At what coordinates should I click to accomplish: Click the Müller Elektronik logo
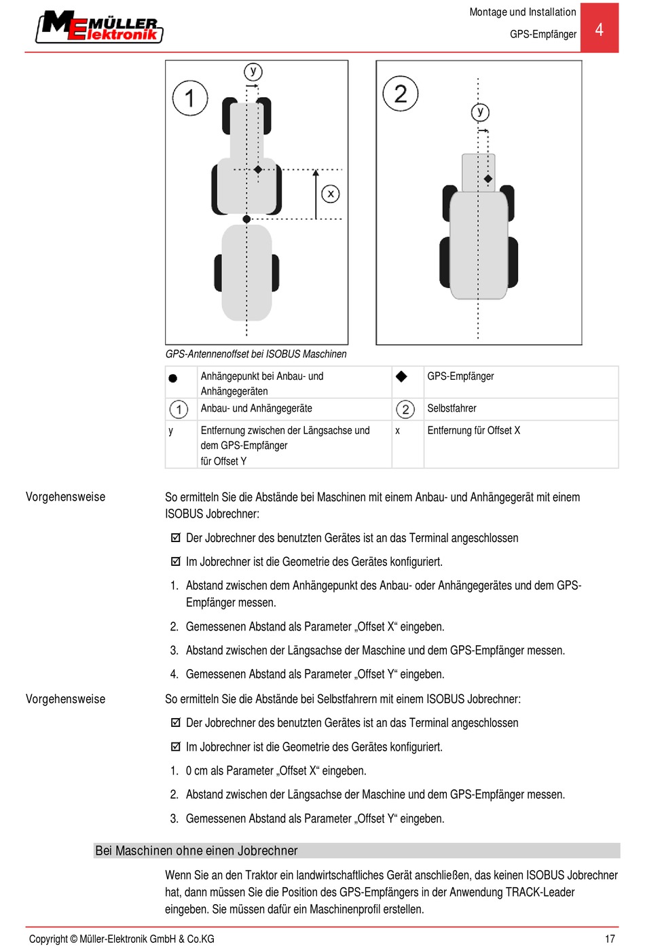pos(99,27)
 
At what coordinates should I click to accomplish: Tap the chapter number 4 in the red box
pos(599,29)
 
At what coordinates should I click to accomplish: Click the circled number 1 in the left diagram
pos(189,98)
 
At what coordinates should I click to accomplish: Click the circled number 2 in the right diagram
pos(401,93)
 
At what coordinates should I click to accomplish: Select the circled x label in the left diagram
pos(331,194)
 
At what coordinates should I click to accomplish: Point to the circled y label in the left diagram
pos(253,71)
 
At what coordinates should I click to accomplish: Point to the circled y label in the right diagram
pos(480,112)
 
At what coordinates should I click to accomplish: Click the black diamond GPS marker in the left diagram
pos(258,169)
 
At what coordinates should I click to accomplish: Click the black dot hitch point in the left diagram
pos(247,219)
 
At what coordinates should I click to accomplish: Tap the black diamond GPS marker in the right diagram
pos(487,179)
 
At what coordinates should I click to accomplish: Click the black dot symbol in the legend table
pos(173,378)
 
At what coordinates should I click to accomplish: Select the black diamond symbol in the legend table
pos(401,376)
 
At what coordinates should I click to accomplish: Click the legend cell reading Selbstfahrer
pos(452,408)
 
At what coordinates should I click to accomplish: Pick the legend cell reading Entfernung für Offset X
pos(474,430)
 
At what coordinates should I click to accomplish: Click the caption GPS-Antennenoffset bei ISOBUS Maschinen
pos(256,354)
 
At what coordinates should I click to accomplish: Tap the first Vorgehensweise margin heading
pos(65,497)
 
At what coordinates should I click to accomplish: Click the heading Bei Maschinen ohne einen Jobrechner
pos(197,850)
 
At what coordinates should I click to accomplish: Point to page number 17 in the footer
pos(610,939)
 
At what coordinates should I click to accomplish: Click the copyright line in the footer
pos(122,939)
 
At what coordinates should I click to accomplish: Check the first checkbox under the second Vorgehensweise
pos(176,723)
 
